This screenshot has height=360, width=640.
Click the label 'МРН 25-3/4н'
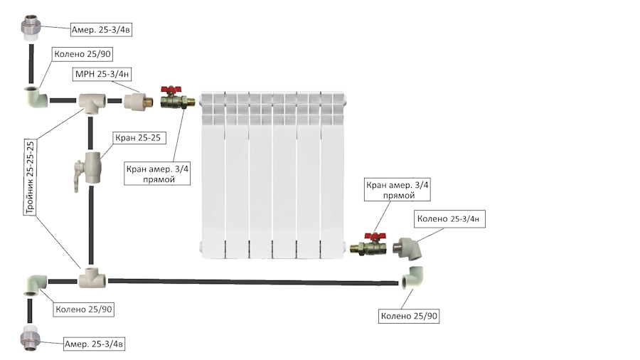[x=102, y=74]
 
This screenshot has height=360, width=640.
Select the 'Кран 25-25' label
[x=138, y=138]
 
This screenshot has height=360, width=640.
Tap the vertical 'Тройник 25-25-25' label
[x=30, y=178]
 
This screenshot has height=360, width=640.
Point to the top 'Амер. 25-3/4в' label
[x=101, y=29]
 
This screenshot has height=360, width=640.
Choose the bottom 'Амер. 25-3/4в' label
[x=94, y=344]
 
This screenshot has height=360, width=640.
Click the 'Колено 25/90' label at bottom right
[x=409, y=316]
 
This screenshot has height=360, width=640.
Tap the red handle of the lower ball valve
[x=375, y=236]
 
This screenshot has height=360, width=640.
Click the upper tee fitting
[x=92, y=102]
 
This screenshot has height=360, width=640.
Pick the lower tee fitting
[x=92, y=278]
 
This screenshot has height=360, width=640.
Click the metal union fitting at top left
[x=31, y=28]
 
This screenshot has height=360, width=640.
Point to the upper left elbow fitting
[x=36, y=97]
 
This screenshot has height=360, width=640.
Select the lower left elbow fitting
[x=36, y=284]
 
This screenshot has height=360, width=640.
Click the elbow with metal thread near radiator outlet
[x=407, y=248]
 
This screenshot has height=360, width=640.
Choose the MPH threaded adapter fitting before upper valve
[x=139, y=100]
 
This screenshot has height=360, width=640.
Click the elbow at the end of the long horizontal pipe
[x=412, y=277]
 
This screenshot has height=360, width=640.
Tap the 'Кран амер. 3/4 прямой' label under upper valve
[x=157, y=174]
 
